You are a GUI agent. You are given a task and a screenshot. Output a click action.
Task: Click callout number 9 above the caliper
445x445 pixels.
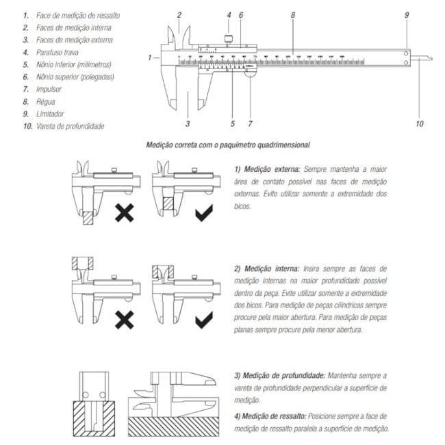pos(406,14)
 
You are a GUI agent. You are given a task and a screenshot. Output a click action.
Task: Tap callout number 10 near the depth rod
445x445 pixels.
pos(420,124)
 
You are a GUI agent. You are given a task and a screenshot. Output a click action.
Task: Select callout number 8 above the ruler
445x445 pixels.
pos(293,14)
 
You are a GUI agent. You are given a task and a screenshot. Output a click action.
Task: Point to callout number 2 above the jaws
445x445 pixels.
pos(179,14)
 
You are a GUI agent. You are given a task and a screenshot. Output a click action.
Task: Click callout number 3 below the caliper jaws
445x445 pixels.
pos(187,124)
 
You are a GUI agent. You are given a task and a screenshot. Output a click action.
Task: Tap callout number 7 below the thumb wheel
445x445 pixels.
pos(250,124)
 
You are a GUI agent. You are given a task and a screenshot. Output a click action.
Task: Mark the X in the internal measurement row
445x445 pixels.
pos(124,318)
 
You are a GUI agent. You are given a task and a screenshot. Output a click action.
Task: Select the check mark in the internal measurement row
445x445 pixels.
pos(203,318)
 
